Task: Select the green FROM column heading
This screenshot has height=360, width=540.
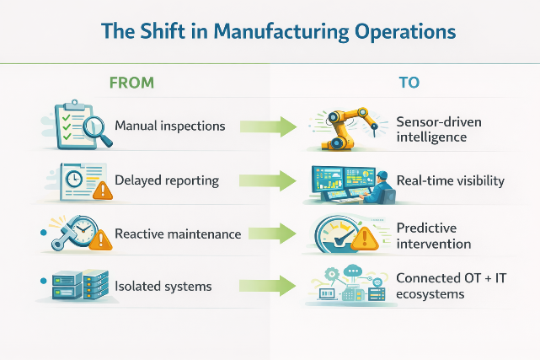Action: pyautogui.click(x=132, y=83)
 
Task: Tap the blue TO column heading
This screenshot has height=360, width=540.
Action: pyautogui.click(x=409, y=83)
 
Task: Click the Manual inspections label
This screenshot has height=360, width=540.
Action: pyautogui.click(x=169, y=126)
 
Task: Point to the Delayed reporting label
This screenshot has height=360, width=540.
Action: pyautogui.click(x=167, y=180)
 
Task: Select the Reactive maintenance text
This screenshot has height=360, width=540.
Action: pyautogui.click(x=177, y=234)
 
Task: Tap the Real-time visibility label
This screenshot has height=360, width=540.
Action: pyautogui.click(x=450, y=180)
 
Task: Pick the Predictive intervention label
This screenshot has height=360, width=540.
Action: pyautogui.click(x=433, y=235)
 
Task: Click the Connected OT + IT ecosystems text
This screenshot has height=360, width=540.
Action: pyautogui.click(x=445, y=287)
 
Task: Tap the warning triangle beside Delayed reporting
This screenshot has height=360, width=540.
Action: pyautogui.click(x=103, y=191)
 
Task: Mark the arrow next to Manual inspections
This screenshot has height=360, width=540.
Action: pyautogui.click(x=269, y=127)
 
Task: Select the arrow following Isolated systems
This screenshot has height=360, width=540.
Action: pyautogui.click(x=269, y=287)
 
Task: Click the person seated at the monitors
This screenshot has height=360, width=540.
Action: pyautogui.click(x=382, y=185)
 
